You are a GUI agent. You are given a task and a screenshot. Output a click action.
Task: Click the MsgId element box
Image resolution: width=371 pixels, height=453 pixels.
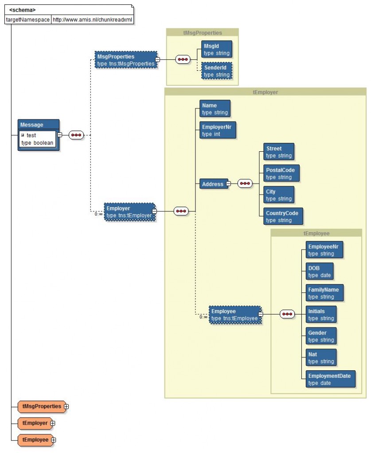[x=216, y=49]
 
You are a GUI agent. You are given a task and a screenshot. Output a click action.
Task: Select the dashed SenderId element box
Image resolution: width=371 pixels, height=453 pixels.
[x=216, y=71]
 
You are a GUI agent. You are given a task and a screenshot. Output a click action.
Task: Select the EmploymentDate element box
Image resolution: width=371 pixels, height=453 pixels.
[x=330, y=379]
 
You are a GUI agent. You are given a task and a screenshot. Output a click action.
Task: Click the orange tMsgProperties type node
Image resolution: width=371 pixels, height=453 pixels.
[x=42, y=406]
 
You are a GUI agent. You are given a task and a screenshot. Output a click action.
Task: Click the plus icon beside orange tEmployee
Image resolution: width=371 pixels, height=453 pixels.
[x=53, y=440]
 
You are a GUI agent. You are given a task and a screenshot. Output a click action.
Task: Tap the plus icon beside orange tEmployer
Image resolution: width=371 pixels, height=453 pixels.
[x=53, y=423]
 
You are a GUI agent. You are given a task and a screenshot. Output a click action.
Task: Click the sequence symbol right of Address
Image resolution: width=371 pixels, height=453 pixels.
[x=245, y=184]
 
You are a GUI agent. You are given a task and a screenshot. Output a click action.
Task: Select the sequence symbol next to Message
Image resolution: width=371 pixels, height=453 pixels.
[x=76, y=135]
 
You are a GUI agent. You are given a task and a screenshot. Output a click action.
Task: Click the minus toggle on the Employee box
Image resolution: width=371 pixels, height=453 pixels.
[x=261, y=314]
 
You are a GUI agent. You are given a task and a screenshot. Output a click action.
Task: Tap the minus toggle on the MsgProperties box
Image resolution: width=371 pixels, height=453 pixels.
[x=157, y=60]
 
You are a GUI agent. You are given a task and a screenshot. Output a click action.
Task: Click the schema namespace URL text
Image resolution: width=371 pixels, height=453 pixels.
[x=92, y=20]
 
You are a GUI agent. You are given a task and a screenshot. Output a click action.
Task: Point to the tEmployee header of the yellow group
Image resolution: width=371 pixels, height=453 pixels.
[x=316, y=233]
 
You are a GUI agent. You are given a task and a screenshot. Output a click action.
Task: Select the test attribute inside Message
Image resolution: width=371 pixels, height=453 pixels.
[x=31, y=135]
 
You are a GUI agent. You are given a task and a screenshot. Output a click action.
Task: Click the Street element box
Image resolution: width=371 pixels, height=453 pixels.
[x=278, y=152]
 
